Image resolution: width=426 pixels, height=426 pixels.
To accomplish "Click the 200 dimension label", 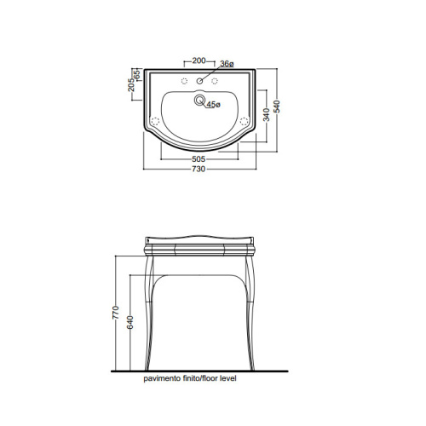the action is coord(199,60).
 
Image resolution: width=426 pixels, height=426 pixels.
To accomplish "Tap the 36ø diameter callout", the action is coord(227,64).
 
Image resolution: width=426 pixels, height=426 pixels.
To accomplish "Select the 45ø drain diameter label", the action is coord(213,105).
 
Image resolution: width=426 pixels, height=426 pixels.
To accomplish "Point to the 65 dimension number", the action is coord(136,75).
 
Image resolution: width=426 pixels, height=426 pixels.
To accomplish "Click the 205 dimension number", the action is coord(131,85).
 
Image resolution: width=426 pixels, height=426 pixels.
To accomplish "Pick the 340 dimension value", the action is coord(267,114).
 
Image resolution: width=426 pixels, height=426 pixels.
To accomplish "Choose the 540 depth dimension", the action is coord(277,106).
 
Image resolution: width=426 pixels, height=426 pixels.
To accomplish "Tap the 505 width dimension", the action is coord(199,159).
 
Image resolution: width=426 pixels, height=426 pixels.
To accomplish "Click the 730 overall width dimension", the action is coord(199,169).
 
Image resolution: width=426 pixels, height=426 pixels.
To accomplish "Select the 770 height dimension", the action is coord(116,313).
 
